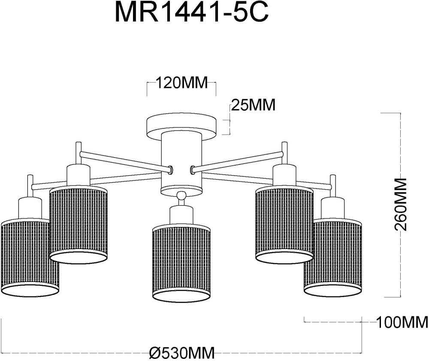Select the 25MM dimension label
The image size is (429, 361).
(253, 105)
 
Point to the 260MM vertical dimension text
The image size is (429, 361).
(400, 205)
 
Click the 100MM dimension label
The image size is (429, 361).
(402, 322)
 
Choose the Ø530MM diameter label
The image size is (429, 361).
(182, 353)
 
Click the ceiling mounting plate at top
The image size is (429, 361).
(181, 125)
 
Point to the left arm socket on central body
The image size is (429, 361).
(171, 170)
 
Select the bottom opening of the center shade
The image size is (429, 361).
(181, 296)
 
